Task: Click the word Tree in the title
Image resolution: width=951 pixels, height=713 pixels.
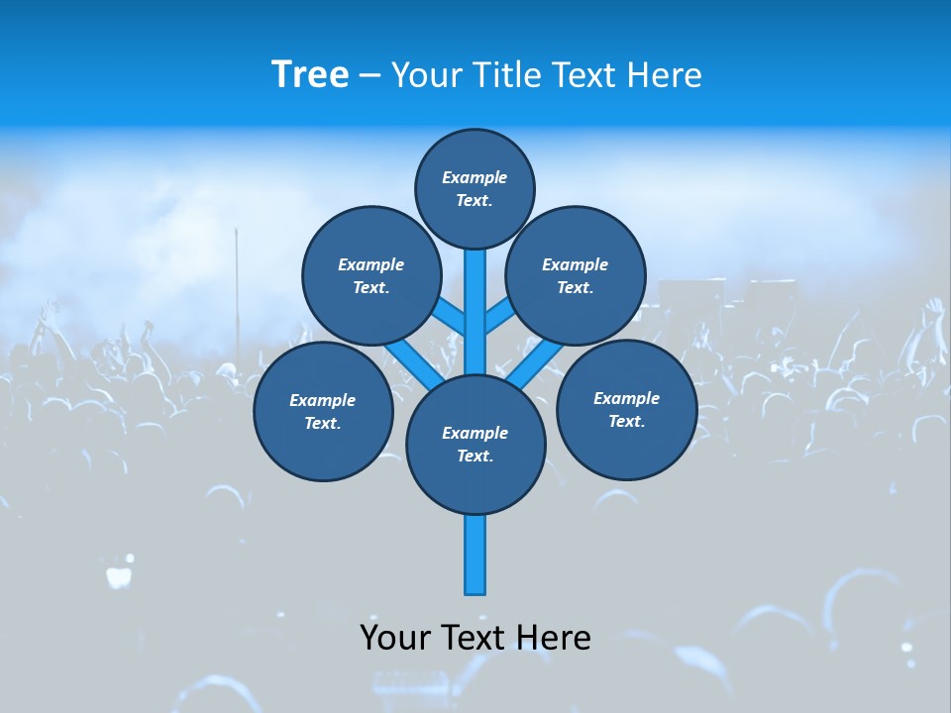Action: (x=310, y=75)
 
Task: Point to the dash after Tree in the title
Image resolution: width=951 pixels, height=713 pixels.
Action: (x=370, y=76)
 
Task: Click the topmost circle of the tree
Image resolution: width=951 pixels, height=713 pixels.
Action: (x=475, y=188)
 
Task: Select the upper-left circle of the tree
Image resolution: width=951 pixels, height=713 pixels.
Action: (x=370, y=275)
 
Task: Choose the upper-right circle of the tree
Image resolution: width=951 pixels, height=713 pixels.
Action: (x=575, y=275)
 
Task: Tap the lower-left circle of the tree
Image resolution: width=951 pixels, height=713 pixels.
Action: (x=322, y=411)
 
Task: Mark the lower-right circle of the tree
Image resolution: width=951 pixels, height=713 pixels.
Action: (x=626, y=409)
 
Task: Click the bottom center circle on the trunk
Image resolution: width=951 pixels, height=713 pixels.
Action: (x=475, y=445)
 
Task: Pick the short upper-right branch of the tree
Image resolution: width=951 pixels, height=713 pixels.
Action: (x=498, y=316)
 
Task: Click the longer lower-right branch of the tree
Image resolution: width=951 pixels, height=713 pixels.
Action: (x=535, y=363)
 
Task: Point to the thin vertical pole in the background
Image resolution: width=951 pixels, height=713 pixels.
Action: (x=237, y=287)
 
